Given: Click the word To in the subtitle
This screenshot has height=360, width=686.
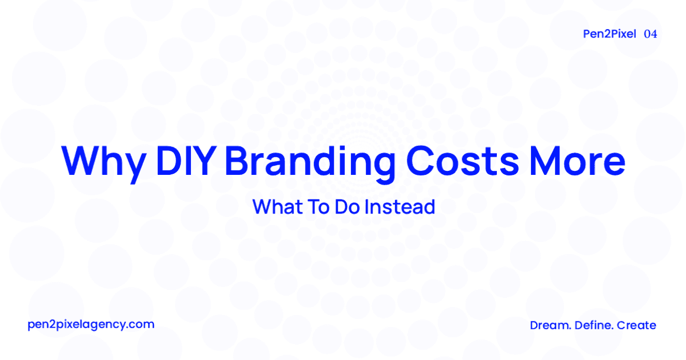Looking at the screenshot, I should coord(317,206).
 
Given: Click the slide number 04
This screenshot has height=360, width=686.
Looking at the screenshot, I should coord(650,34).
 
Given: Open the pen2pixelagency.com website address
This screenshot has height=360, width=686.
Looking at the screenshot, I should coord(91,325).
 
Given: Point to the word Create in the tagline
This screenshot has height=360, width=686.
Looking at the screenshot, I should coord(636,325).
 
